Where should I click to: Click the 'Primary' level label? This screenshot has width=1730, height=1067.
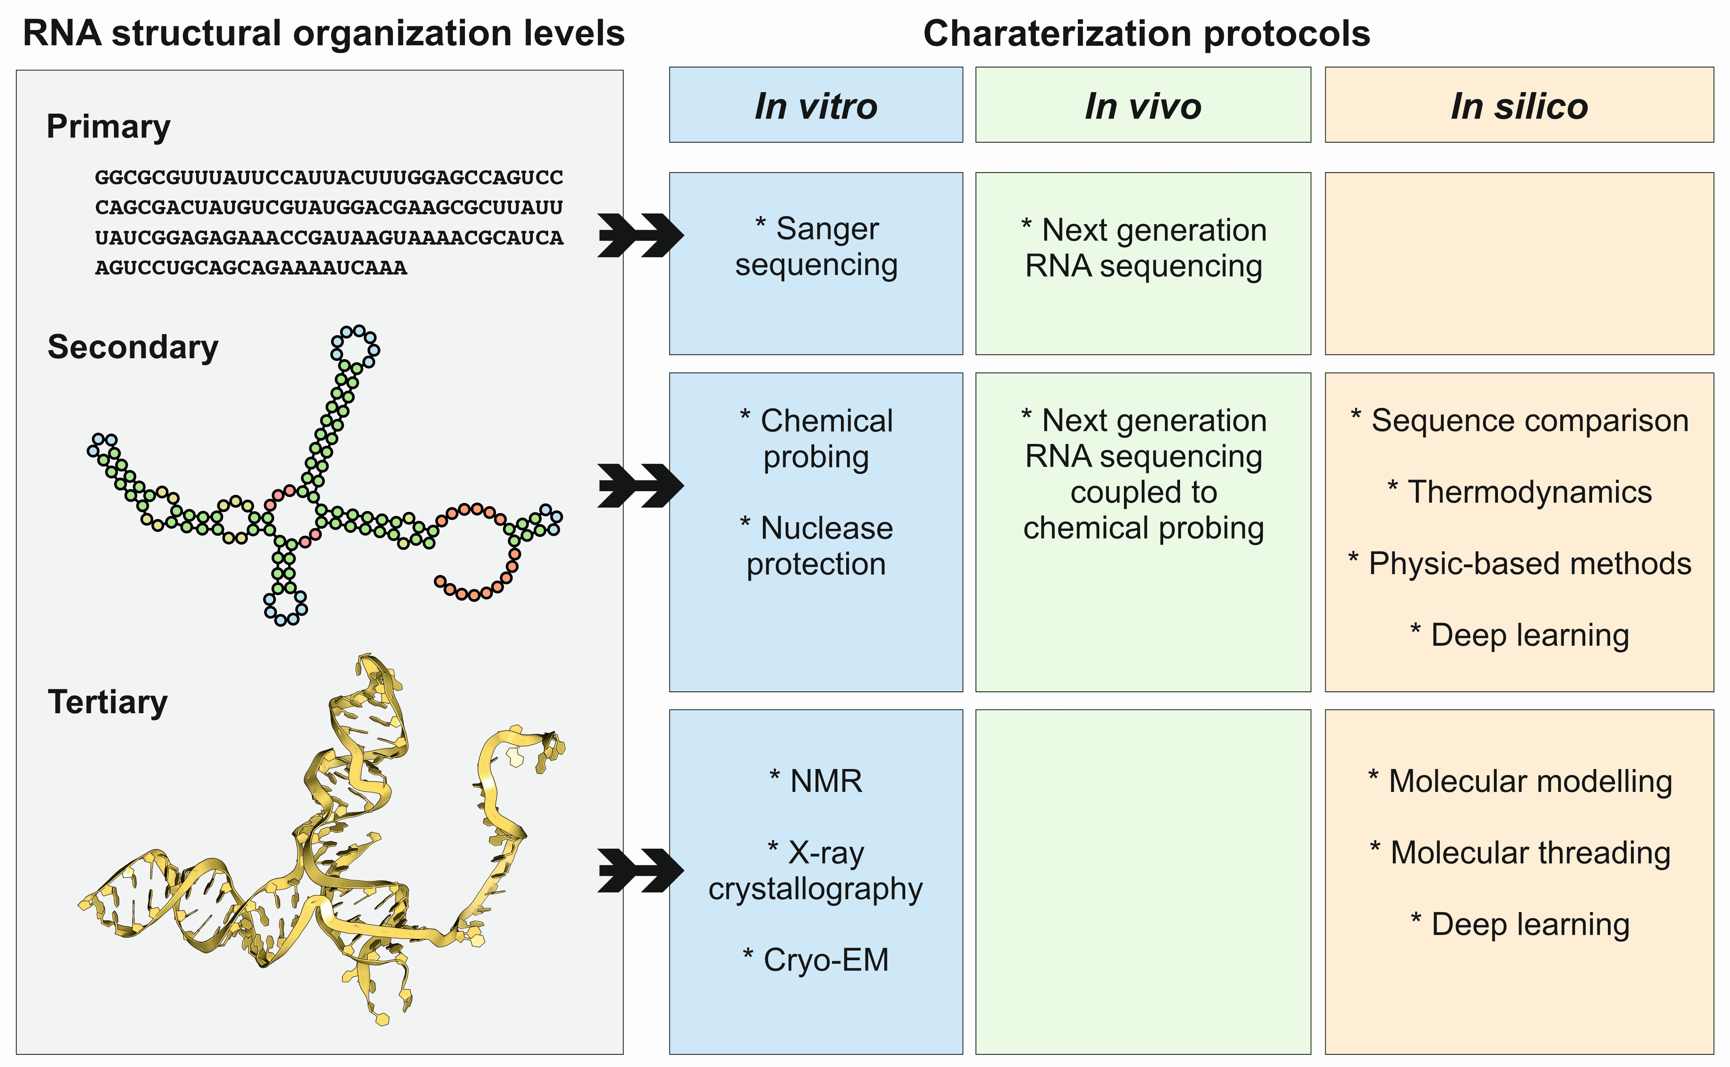pyautogui.click(x=108, y=127)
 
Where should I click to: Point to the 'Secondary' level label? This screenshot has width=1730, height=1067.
pyautogui.click(x=133, y=347)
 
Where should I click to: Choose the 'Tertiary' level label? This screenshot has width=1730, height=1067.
pyautogui.click(x=107, y=702)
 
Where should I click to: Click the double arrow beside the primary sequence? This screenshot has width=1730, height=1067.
pyautogui.click(x=640, y=235)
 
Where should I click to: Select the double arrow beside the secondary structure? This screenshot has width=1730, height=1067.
pyautogui.click(x=640, y=486)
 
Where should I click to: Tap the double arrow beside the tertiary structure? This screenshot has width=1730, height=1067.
pyautogui.click(x=640, y=870)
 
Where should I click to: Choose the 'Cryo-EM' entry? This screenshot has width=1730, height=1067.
pyautogui.click(x=816, y=960)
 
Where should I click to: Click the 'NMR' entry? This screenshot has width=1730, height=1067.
pyautogui.click(x=816, y=781)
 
